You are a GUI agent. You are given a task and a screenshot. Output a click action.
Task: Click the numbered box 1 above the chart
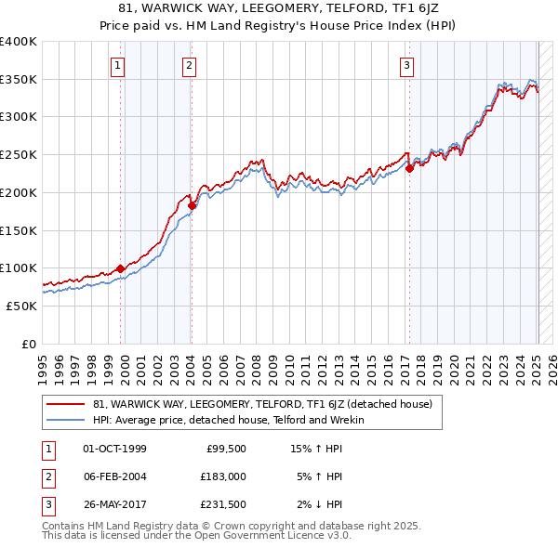(119, 65)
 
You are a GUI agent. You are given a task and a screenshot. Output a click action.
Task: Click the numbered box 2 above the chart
(189, 65)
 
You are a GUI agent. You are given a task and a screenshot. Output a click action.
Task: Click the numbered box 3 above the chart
(407, 65)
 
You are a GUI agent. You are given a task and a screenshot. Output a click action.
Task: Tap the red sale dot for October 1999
(121, 268)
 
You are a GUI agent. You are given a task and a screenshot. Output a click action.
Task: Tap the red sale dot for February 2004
(192, 205)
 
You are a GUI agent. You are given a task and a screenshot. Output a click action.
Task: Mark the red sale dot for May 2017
(409, 168)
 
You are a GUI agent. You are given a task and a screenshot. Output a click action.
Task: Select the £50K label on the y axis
(21, 306)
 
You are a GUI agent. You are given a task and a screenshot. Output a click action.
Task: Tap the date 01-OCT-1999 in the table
(114, 449)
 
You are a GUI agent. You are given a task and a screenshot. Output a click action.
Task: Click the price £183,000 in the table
(222, 476)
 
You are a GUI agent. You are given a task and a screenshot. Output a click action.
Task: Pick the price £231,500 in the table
(222, 504)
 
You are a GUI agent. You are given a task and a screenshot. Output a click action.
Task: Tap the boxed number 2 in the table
(46, 476)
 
